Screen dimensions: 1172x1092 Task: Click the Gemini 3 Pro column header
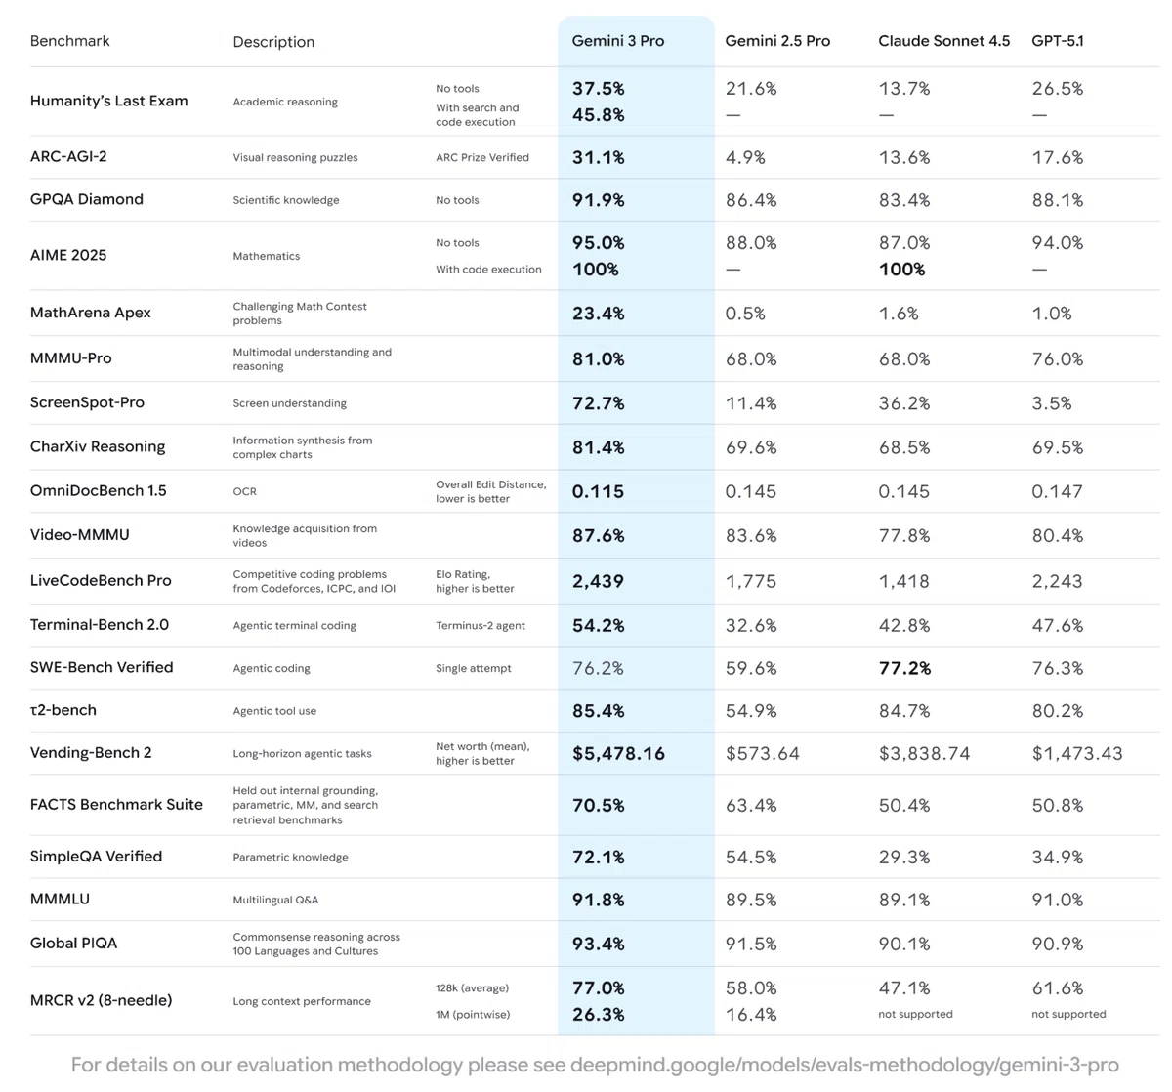click(x=617, y=41)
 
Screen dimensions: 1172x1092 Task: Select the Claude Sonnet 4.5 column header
click(x=943, y=41)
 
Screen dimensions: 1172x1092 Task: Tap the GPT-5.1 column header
click(x=1057, y=41)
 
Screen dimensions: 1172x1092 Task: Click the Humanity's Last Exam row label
click(x=108, y=101)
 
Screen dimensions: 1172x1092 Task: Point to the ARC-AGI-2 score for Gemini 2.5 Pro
click(x=745, y=157)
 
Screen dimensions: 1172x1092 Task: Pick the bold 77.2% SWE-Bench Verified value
click(x=904, y=668)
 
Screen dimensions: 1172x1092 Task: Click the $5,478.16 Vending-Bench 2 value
click(x=618, y=753)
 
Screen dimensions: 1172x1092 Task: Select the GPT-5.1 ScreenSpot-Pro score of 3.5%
click(x=1052, y=403)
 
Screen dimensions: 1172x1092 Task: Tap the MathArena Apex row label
click(x=90, y=313)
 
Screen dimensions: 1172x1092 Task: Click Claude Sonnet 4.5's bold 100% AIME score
click(x=901, y=270)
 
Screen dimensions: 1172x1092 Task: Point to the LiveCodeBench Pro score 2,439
click(x=598, y=581)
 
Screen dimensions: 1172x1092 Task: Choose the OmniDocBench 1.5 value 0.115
click(x=598, y=491)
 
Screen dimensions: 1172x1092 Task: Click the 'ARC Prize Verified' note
click(x=482, y=157)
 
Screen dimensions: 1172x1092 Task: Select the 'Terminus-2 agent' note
click(x=481, y=626)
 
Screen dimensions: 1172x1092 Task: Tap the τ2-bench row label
click(x=63, y=710)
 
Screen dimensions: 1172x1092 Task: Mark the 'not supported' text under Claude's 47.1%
click(x=915, y=1014)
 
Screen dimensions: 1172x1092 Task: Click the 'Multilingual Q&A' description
click(x=275, y=900)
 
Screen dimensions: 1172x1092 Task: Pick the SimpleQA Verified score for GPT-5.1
click(x=1058, y=857)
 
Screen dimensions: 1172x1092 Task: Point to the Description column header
click(x=273, y=42)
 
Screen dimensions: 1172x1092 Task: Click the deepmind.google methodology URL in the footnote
click(x=845, y=1065)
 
